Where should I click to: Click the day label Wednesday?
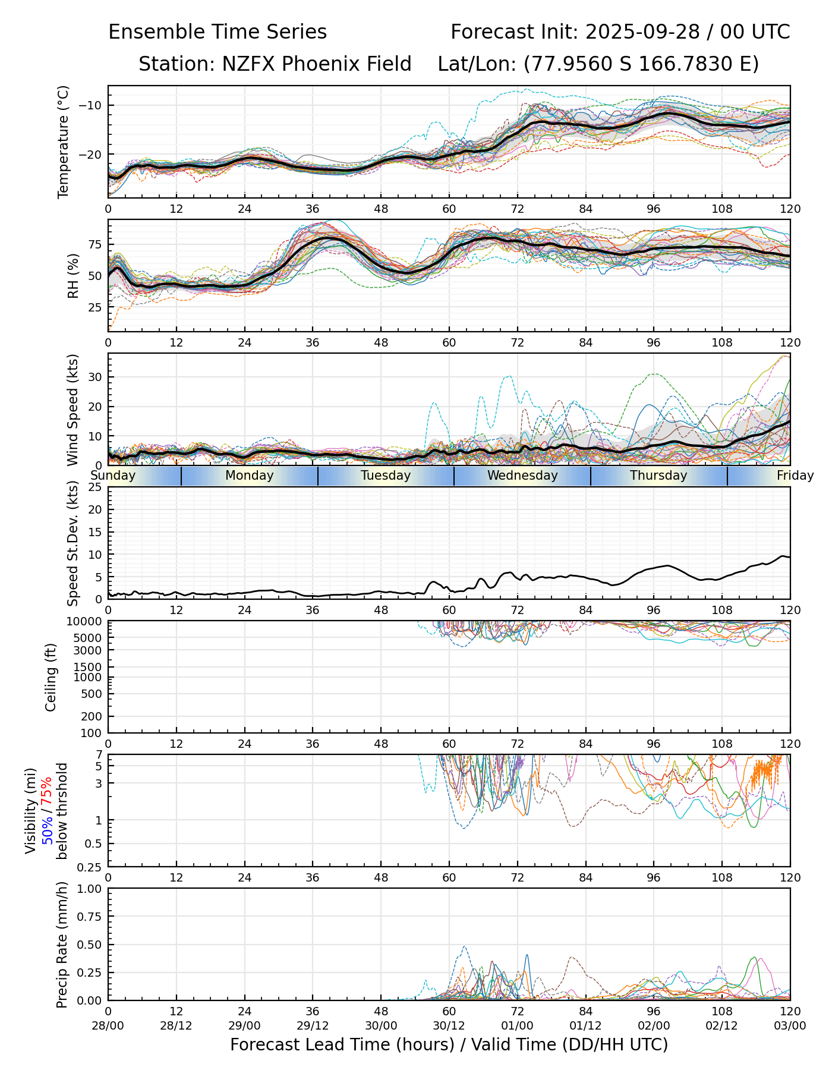pyautogui.click(x=522, y=476)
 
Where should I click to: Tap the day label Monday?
pyautogui.click(x=250, y=476)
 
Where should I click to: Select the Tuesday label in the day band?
pyautogui.click(x=386, y=476)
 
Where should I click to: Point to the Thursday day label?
pyautogui.click(x=658, y=476)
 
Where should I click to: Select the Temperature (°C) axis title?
pyautogui.click(x=64, y=141)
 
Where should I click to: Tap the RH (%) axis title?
pyautogui.click(x=73, y=276)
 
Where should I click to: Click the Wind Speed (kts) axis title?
pyautogui.click(x=73, y=410)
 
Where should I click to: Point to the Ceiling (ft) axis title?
pyautogui.click(x=51, y=677)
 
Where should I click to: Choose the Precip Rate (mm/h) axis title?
pyautogui.click(x=61, y=945)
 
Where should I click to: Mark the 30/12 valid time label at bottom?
pyautogui.click(x=449, y=1026)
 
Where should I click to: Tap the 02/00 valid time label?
pyautogui.click(x=654, y=1026)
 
